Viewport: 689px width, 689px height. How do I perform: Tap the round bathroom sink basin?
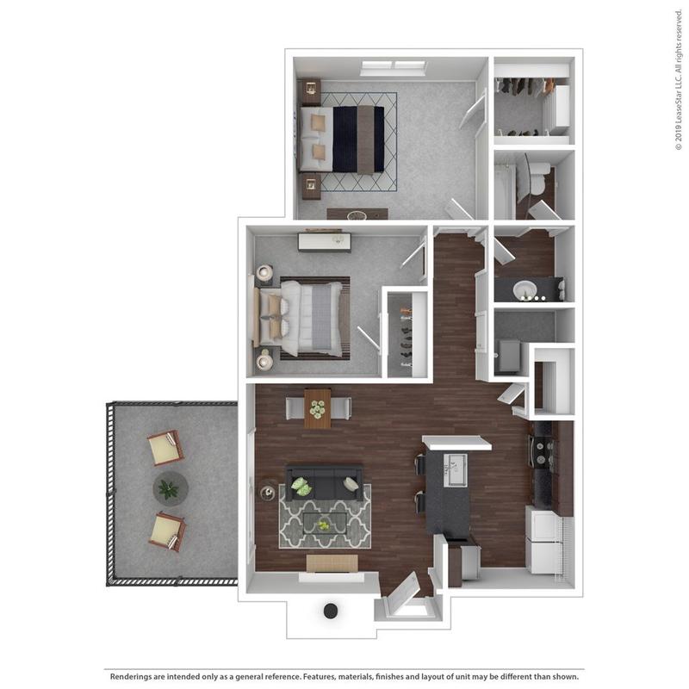point(525,289)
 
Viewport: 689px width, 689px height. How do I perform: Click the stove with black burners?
point(543,452)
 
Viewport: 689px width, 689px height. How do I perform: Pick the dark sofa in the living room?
point(325,484)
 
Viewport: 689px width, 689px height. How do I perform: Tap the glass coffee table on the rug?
point(323,523)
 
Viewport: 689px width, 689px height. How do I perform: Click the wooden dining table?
point(317,407)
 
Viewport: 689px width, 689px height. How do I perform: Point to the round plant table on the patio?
point(170,488)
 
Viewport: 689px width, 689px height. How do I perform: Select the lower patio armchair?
point(167,531)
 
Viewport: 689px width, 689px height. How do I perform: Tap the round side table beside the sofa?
point(269,492)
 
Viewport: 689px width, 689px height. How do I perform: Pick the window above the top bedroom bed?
point(394,65)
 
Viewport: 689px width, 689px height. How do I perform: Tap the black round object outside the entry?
point(330,611)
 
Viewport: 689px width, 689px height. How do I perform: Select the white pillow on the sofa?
point(301,487)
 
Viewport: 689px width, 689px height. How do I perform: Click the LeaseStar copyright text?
point(678,86)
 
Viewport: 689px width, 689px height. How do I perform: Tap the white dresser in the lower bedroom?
point(325,240)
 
